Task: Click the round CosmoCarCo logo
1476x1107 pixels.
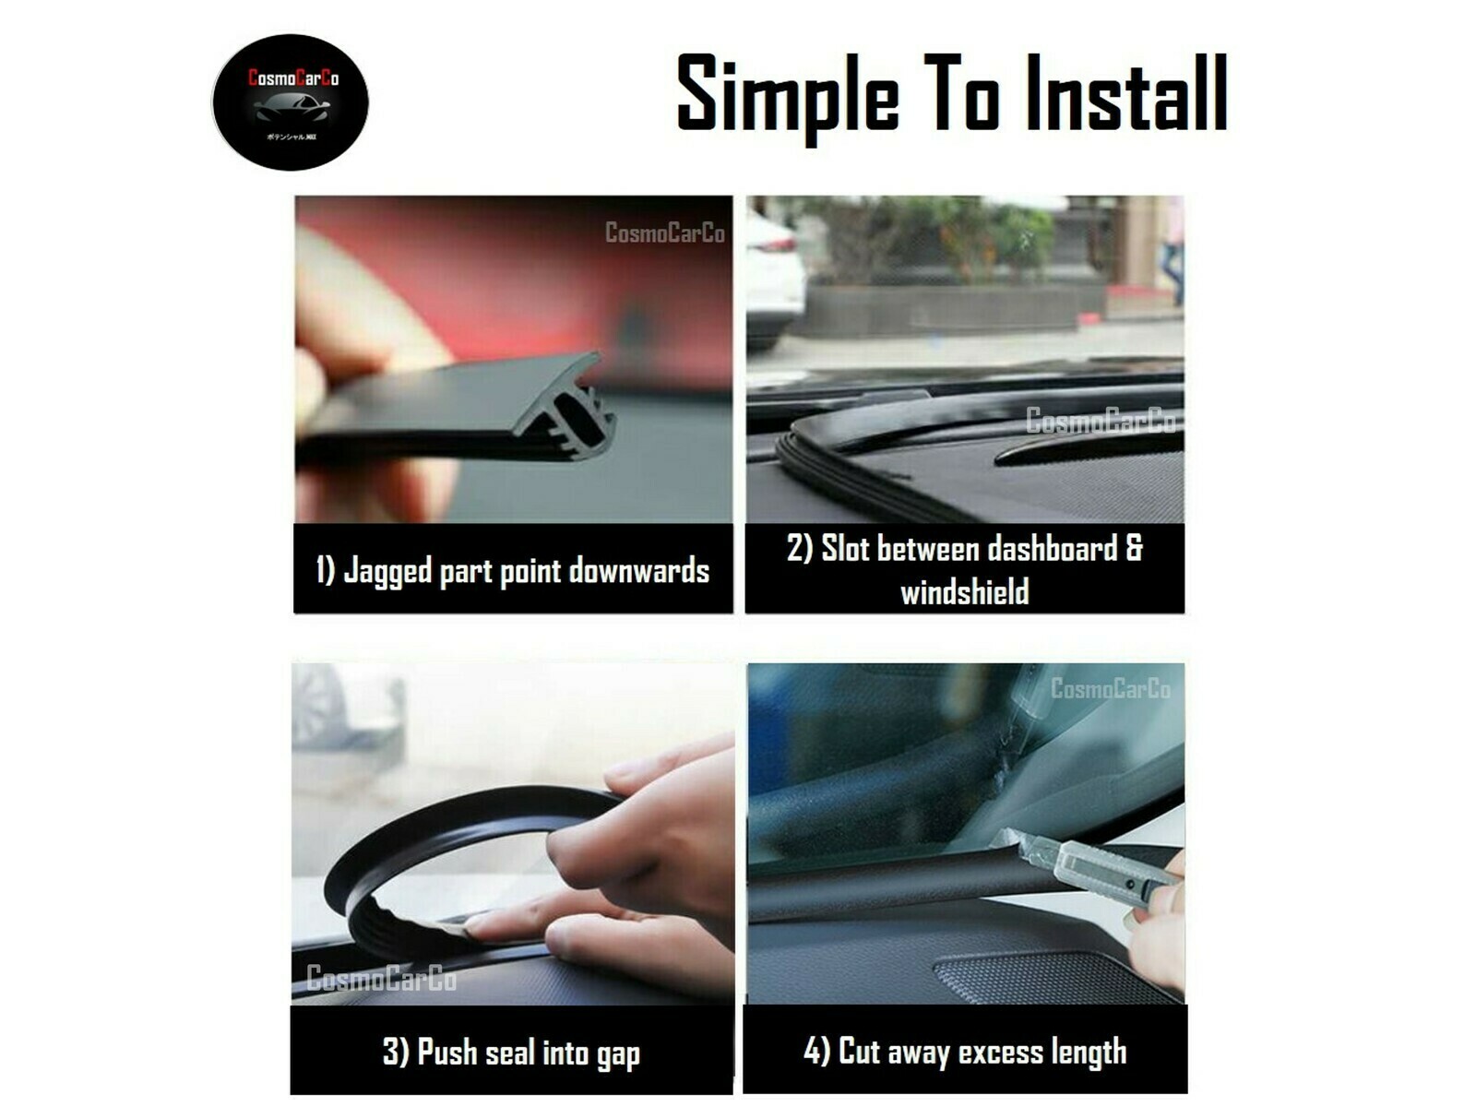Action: coord(291,101)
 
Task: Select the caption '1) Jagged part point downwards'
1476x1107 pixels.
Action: coord(513,570)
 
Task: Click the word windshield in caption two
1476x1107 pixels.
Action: coord(964,591)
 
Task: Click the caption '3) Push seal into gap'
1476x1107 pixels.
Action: coord(511,1052)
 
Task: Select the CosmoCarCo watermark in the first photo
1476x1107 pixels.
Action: coord(664,232)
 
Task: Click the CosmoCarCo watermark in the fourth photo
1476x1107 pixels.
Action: coord(1110,688)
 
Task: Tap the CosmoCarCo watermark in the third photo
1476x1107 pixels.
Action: coord(381,978)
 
